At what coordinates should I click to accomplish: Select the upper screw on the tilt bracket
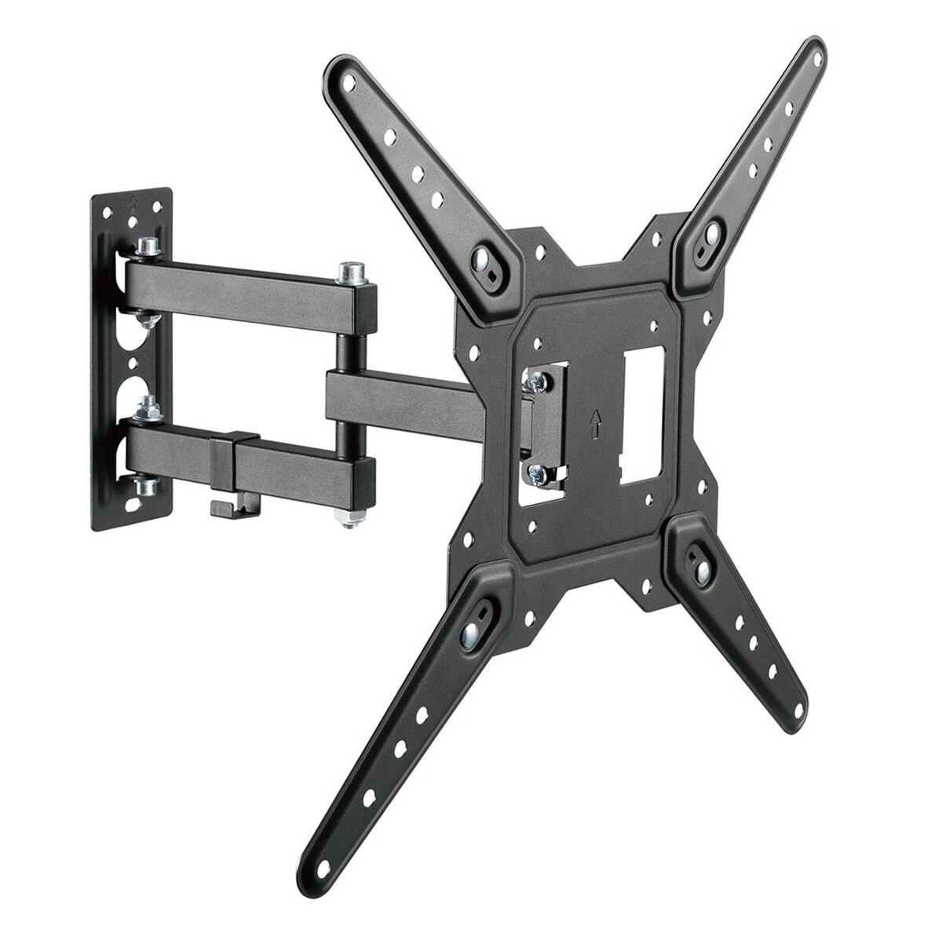[537, 382]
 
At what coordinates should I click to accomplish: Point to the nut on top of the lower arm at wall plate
[146, 406]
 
